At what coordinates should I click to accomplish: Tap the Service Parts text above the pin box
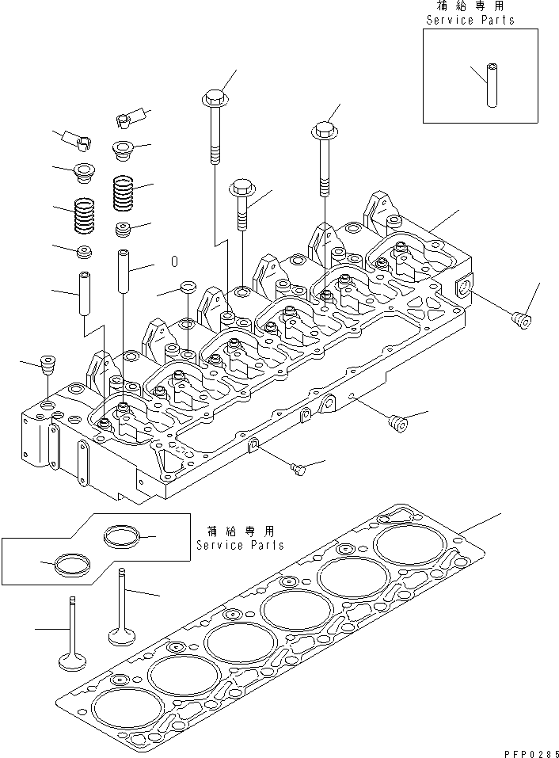tap(470, 20)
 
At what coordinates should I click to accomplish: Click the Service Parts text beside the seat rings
tap(240, 546)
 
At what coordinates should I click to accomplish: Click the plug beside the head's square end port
tap(520, 322)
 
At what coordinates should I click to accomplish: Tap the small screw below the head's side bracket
tap(298, 470)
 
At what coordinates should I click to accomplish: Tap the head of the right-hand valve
tap(122, 636)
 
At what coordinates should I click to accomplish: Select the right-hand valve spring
tap(123, 192)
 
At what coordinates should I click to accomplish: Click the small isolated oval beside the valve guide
tap(175, 261)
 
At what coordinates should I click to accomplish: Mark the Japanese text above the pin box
tap(470, 6)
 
